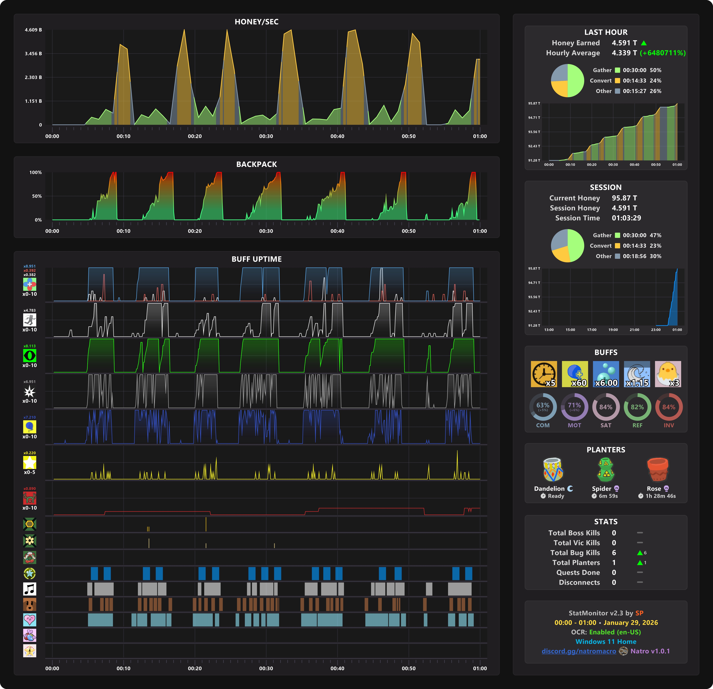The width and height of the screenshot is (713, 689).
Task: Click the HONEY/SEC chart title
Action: [256, 22]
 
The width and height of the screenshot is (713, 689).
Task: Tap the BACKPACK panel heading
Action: [256, 164]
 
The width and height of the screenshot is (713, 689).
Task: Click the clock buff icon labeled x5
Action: [543, 374]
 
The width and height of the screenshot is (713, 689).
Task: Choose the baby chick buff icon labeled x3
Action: [668, 374]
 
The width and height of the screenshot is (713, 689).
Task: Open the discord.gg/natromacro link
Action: [579, 651]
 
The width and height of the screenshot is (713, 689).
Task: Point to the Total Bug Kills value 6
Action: [614, 553]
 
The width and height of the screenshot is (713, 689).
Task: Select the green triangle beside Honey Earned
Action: [644, 43]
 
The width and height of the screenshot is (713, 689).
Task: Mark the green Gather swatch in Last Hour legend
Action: [617, 70]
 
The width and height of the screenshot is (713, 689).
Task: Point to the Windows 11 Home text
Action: [606, 642]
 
